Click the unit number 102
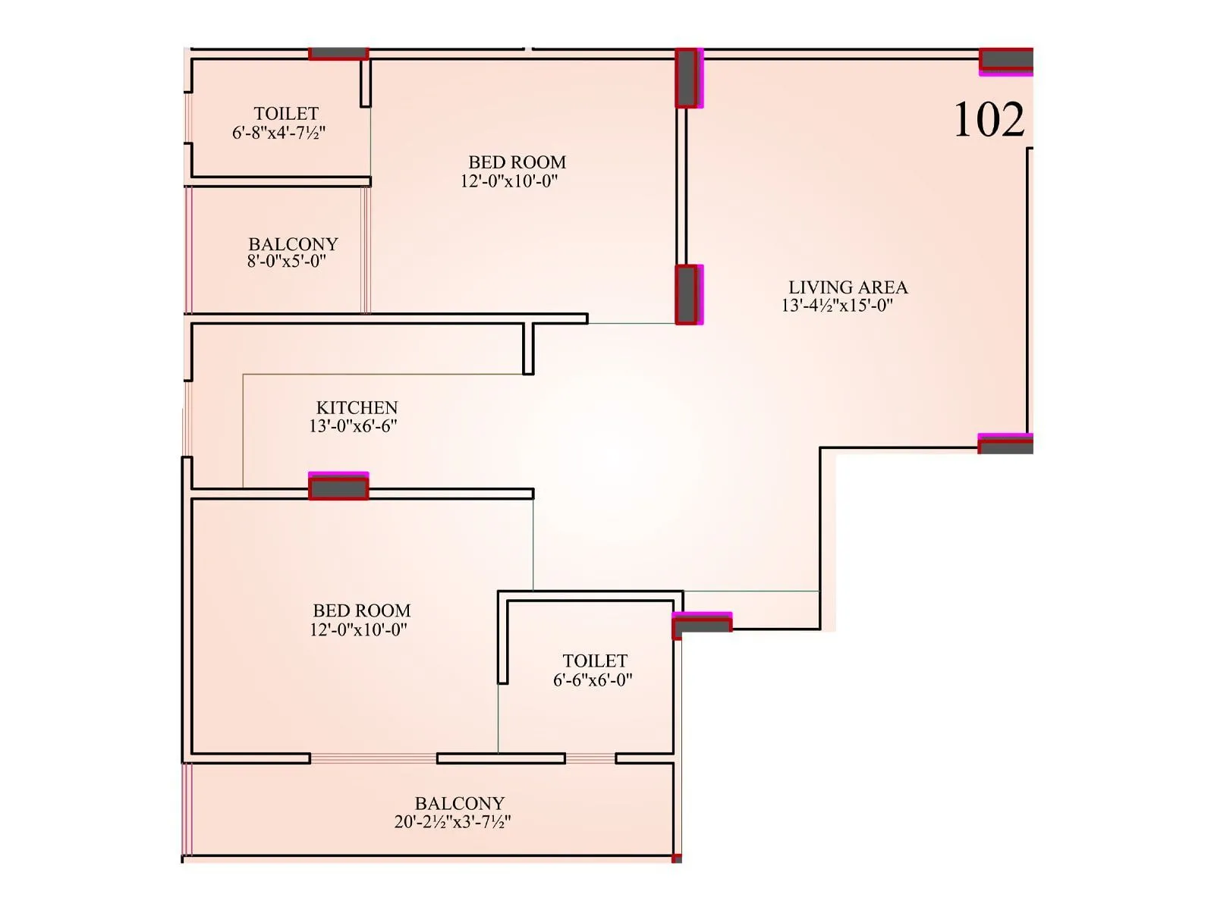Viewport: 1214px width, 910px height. [989, 120]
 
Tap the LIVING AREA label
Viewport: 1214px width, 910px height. [848, 287]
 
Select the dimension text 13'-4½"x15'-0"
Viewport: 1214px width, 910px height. [837, 306]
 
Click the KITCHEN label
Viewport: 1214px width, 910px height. [357, 407]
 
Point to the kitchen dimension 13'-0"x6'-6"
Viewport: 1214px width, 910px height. [353, 426]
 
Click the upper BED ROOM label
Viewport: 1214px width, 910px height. [517, 162]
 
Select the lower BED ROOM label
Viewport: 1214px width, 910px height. [361, 610]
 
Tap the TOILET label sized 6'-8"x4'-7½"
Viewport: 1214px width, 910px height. [286, 114]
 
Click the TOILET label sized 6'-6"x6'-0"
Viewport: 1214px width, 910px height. [595, 661]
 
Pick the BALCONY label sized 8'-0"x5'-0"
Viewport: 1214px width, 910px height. [293, 244]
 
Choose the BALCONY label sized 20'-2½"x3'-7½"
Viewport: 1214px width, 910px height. [459, 803]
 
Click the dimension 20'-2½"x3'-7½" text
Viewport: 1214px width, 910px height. [452, 822]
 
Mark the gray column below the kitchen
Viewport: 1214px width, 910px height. [338, 488]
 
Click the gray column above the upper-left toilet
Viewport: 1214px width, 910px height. [338, 54]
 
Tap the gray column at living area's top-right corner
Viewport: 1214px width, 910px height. [1006, 60]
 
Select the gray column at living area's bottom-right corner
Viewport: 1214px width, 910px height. [1006, 445]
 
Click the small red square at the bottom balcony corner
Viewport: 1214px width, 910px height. [677, 858]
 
